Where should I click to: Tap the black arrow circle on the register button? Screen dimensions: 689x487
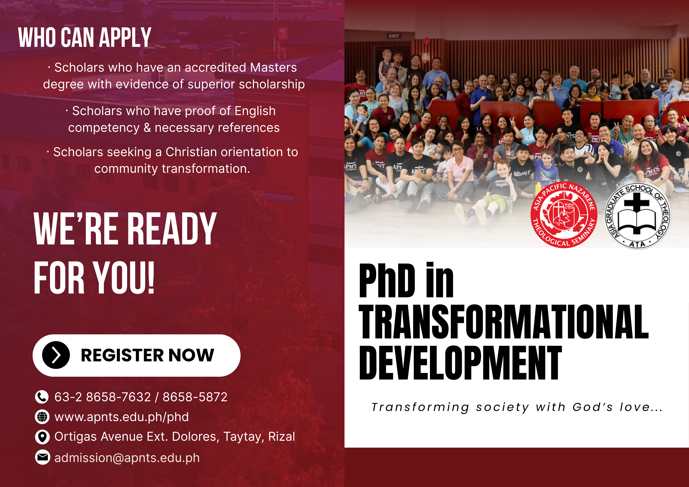point(56,355)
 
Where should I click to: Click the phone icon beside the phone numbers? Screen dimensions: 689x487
point(42,397)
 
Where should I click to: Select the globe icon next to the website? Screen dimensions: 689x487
point(42,417)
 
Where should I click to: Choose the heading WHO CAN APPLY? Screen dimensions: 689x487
point(85,37)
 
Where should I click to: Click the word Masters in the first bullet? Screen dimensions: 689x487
point(273,68)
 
